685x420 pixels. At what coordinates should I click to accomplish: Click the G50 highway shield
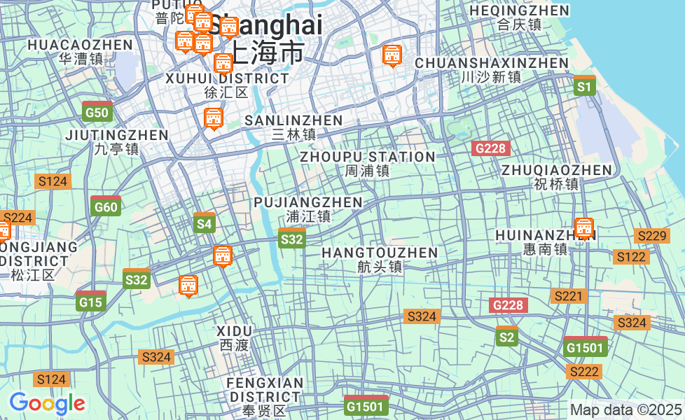[97, 111]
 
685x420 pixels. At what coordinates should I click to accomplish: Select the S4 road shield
[204, 223]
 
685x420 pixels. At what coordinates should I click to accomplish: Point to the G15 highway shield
[91, 302]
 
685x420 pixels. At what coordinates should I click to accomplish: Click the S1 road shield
[584, 86]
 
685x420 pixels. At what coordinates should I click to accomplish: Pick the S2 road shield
[506, 337]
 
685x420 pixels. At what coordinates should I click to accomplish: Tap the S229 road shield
[651, 236]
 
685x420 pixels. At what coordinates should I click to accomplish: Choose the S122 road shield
[631, 257]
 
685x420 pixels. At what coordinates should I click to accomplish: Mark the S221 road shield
[568, 296]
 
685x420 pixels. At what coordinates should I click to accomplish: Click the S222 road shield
[583, 372]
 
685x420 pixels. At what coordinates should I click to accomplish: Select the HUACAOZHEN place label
[80, 45]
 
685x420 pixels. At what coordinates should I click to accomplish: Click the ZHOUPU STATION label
[368, 157]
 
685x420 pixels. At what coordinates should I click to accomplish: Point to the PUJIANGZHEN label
[308, 202]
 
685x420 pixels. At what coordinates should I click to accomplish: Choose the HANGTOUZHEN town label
[380, 253]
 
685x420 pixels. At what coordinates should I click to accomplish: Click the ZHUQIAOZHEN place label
[557, 170]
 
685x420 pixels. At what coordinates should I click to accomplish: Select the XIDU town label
[234, 330]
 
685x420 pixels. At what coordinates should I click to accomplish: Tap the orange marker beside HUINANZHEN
[583, 228]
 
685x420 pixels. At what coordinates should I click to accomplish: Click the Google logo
[47, 403]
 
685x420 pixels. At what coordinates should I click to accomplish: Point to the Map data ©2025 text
[625, 409]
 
